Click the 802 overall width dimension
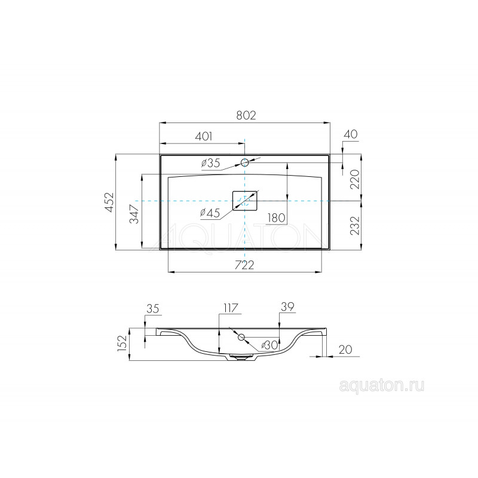tap(246, 115)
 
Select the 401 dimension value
tap(203, 136)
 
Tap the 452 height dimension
tap(109, 202)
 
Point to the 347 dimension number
tap(134, 214)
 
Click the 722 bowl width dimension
tap(244, 265)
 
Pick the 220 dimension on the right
tap(354, 179)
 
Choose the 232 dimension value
tap(354, 226)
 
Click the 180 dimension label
tap(277, 217)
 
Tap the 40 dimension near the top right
tap(351, 134)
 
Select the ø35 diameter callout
tap(210, 163)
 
